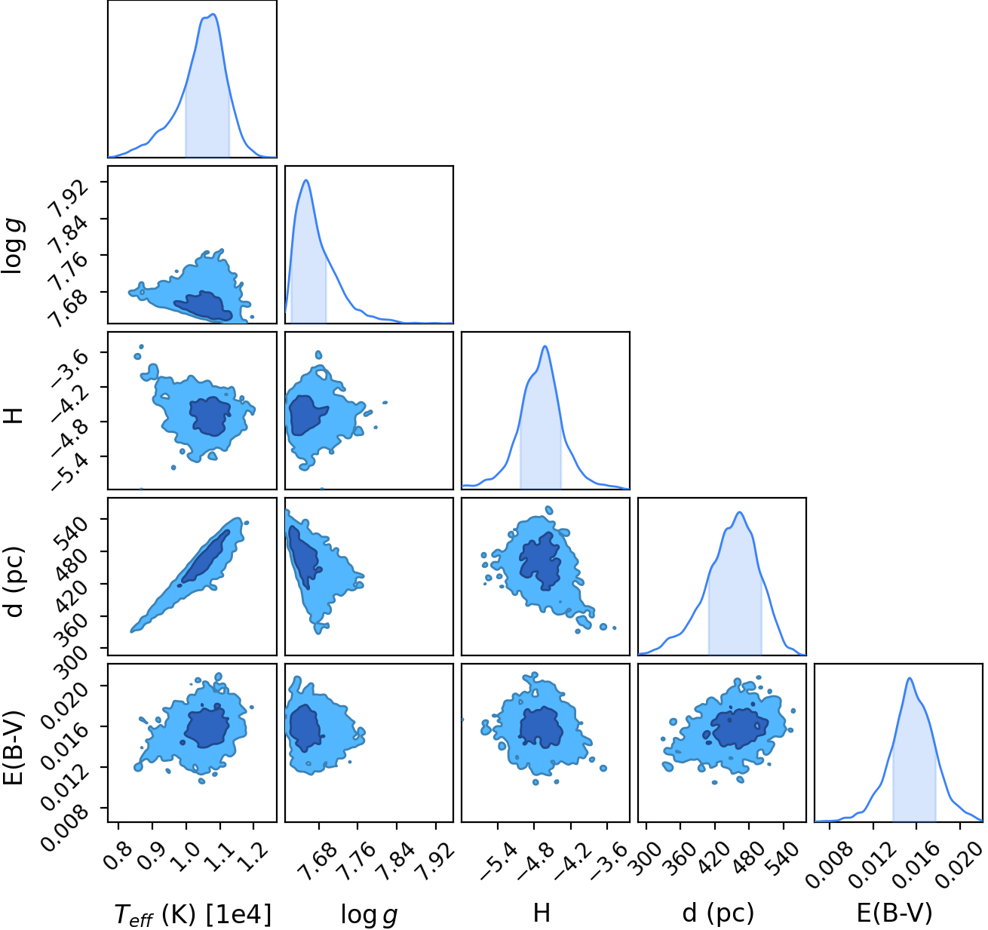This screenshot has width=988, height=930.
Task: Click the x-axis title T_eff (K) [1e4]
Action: click(x=193, y=913)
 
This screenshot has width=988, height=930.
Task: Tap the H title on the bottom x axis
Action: click(x=542, y=913)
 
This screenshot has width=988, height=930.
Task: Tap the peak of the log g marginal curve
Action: click(x=306, y=180)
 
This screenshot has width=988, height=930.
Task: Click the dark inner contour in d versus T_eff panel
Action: click(x=206, y=557)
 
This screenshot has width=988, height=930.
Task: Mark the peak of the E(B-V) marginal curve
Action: click(x=910, y=678)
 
